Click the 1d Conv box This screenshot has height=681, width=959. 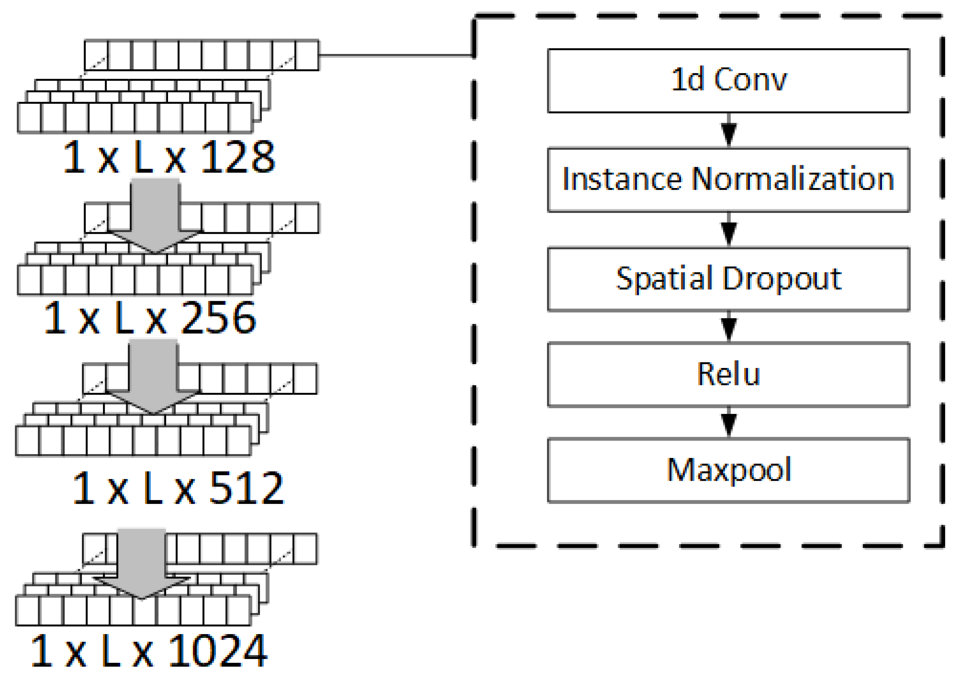point(728,81)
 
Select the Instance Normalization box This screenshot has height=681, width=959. point(728,180)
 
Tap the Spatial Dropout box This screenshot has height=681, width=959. point(728,279)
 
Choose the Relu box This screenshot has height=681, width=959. point(728,374)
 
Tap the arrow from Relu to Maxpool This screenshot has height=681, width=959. point(729,422)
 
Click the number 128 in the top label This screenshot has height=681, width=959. point(238,157)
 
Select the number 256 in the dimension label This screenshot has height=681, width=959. point(218,318)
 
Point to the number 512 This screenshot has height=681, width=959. point(246,488)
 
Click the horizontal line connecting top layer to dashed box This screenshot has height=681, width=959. point(396,55)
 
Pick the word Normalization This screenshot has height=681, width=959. point(793,180)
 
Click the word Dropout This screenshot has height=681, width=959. point(782,279)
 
